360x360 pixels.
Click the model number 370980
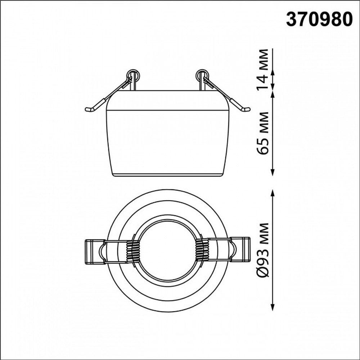pos(319,19)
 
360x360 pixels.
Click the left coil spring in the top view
pos(133,251)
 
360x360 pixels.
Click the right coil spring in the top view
pos(202,251)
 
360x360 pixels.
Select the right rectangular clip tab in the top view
pos(239,249)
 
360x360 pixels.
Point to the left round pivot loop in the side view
pos(133,75)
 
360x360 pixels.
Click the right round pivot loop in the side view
pos(202,75)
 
